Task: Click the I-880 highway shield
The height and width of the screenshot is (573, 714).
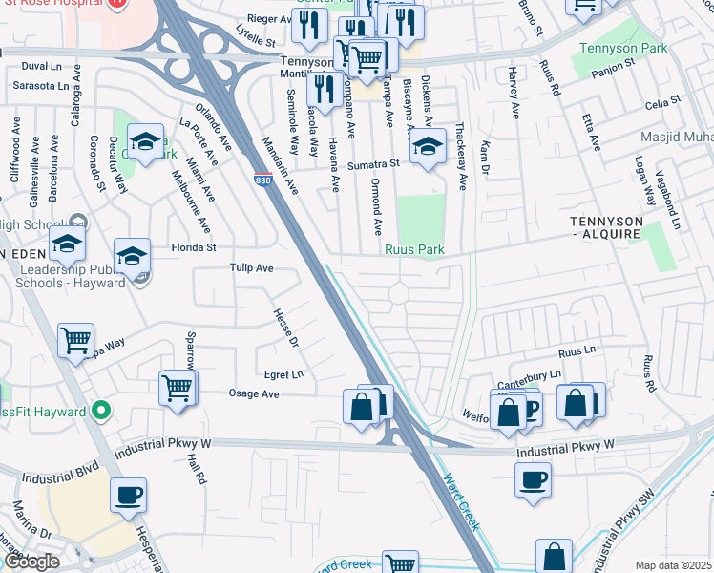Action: (262, 179)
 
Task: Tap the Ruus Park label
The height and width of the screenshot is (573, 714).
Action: (416, 250)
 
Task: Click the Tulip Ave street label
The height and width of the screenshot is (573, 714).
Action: (252, 269)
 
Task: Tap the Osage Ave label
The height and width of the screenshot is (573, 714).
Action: (254, 393)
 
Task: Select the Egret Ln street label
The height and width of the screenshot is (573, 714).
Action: (284, 373)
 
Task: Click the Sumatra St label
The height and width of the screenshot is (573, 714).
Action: (371, 165)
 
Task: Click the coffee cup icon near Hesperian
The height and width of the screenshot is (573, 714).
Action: (128, 495)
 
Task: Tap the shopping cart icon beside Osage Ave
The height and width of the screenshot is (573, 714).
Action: (177, 388)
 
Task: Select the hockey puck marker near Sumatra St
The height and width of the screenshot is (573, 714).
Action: (428, 146)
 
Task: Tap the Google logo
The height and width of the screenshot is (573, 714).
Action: (31, 562)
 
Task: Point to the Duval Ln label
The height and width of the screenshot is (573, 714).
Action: (41, 66)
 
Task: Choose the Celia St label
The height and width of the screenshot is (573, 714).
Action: (661, 99)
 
